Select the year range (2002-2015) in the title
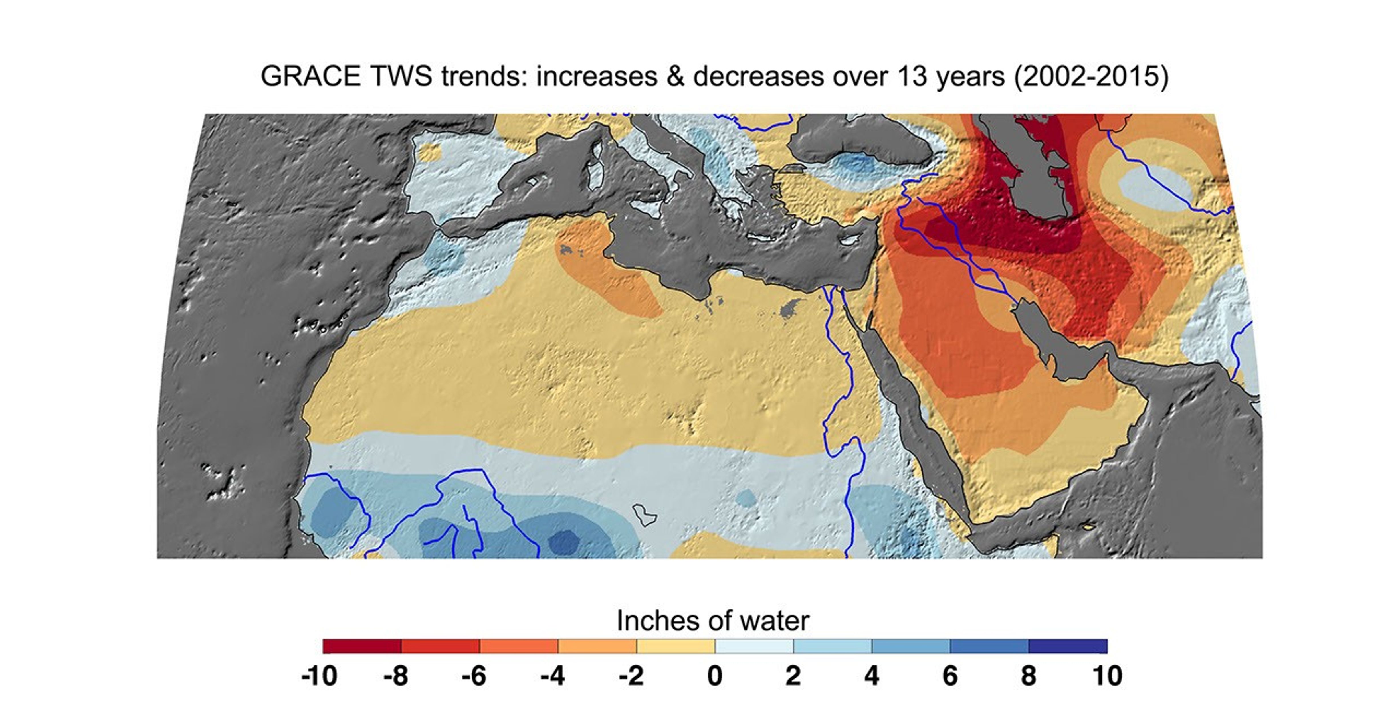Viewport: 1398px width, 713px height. point(1091,76)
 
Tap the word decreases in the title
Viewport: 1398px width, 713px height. point(759,76)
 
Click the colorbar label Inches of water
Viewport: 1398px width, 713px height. point(713,620)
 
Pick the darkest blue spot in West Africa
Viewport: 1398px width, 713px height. point(564,541)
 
